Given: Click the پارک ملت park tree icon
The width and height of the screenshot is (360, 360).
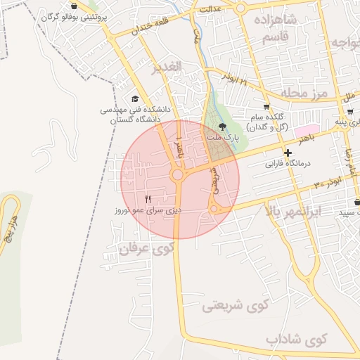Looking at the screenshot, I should pos(223,127).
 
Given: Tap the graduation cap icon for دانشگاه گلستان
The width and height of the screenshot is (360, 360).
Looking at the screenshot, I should pos(135,99).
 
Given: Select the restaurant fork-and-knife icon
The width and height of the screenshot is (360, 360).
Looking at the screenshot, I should pos(148,199).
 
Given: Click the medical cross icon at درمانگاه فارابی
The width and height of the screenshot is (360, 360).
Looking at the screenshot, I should pos(287,153).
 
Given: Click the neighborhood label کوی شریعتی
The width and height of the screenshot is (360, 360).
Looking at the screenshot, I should pos(236,304).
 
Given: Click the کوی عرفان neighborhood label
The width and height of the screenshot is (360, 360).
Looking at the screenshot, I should pos(146,248).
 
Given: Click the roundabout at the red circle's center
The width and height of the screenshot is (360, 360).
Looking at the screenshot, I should pos(178,174).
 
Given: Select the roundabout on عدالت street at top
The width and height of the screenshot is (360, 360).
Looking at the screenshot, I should pos(240,8).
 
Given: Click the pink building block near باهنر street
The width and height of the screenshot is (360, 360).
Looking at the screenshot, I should pos(304,131).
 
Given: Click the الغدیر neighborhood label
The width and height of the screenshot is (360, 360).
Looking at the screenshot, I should pos(167,67).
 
